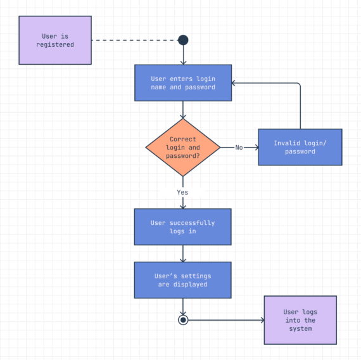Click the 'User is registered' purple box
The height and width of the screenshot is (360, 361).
point(55,40)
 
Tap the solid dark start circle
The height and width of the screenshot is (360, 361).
point(183,40)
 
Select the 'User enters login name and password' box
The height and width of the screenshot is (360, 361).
point(183,82)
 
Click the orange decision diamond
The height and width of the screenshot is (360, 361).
point(183,148)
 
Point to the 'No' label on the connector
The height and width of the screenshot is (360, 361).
point(239,148)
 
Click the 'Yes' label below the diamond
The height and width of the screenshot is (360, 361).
point(182,192)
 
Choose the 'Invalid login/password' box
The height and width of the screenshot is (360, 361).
point(300,147)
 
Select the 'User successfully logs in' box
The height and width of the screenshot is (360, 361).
point(182,227)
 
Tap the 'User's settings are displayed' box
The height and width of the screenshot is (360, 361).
point(182,280)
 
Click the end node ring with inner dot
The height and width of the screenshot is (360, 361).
point(183,320)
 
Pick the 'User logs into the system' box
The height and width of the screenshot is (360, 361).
point(300,320)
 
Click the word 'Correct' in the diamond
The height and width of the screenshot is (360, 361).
point(183,139)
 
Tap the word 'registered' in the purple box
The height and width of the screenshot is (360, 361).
point(55,45)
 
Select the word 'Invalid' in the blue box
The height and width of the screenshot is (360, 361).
point(286,143)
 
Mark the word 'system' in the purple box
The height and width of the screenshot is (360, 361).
point(300,328)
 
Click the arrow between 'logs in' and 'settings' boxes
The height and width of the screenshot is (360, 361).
point(183,254)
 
